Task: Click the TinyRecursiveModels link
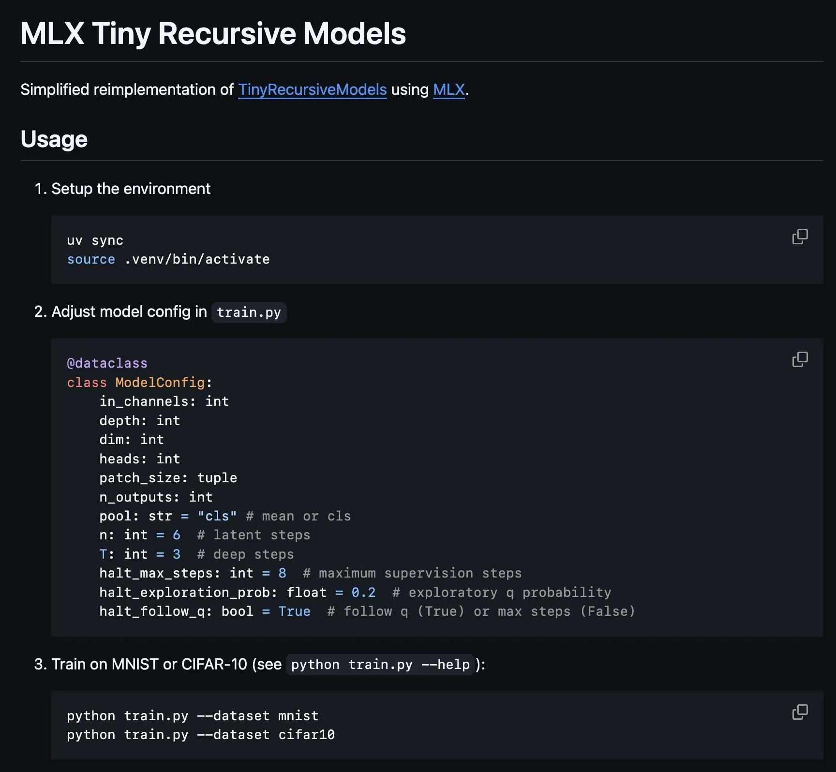coord(312,90)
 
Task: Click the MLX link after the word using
coord(448,90)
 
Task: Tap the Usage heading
coord(54,139)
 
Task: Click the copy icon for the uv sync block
coord(800,237)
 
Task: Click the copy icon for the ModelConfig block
coord(800,359)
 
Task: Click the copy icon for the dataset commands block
coord(800,712)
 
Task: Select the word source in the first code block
coord(91,259)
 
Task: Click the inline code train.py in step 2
coord(249,312)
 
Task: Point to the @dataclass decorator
coord(107,363)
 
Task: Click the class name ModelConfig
coord(160,383)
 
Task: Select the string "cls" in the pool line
coord(217,516)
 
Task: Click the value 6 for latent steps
coord(177,535)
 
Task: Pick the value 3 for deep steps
coord(177,554)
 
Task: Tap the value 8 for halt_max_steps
coord(282,573)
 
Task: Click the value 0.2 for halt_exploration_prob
coord(363,593)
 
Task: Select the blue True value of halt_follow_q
coord(294,611)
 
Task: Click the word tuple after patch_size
coord(217,478)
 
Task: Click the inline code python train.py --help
coord(380,665)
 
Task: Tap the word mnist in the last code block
coord(298,716)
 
